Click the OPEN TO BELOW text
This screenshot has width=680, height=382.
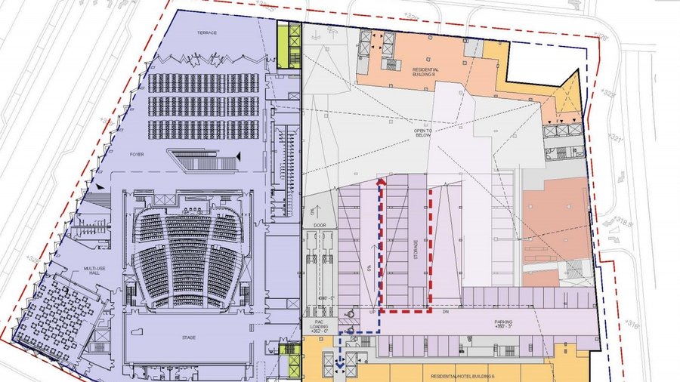point(422,134)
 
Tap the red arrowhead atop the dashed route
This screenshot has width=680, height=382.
point(381,182)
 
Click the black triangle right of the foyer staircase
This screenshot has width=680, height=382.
point(240,156)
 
